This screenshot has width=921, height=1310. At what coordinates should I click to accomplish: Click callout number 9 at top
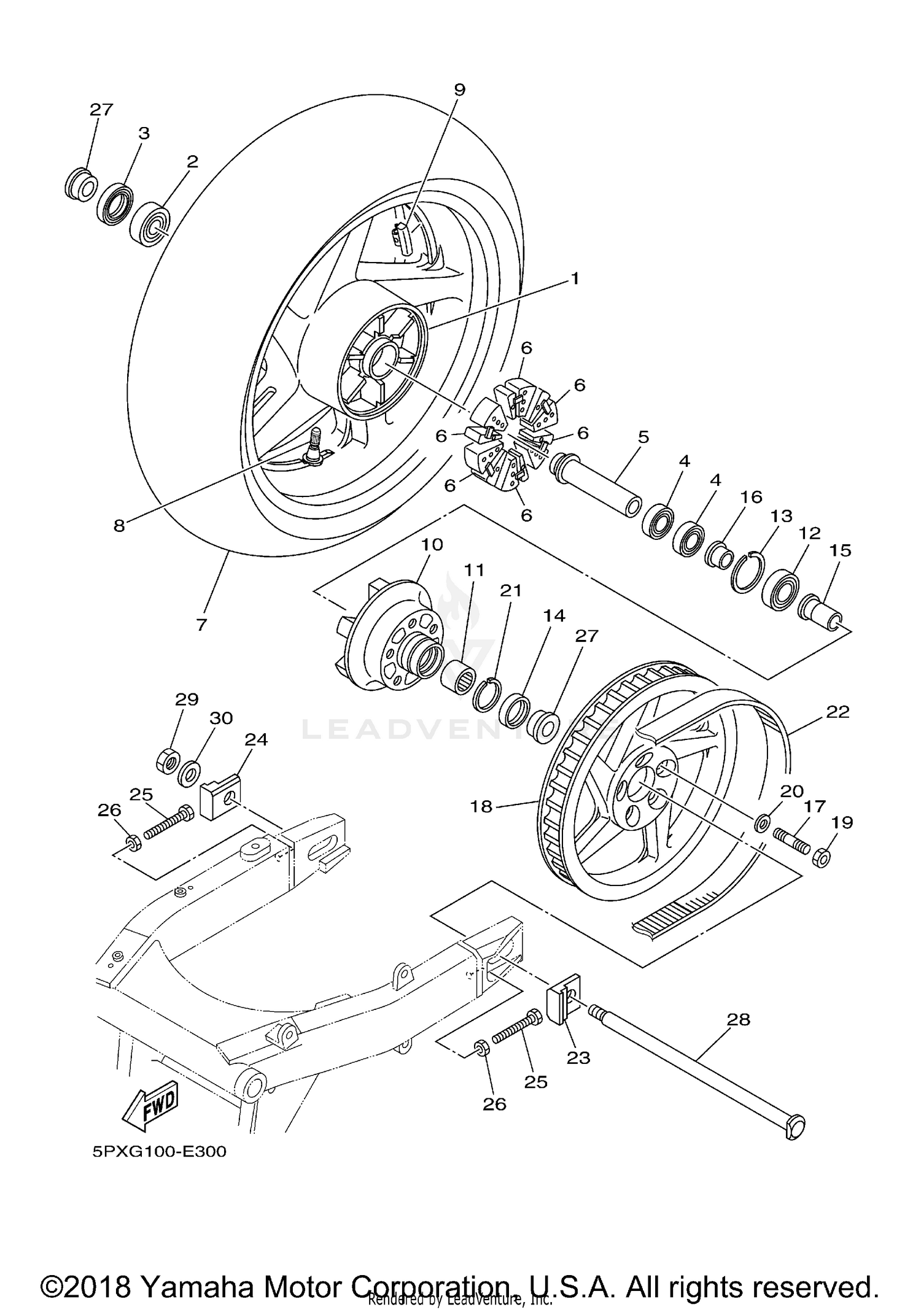click(459, 90)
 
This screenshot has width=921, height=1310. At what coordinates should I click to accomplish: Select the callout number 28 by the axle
click(739, 1019)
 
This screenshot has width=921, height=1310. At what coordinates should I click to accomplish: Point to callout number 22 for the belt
click(837, 712)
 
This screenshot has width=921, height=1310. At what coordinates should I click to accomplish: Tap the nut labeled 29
click(168, 762)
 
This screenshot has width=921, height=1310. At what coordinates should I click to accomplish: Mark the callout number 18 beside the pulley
click(483, 806)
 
